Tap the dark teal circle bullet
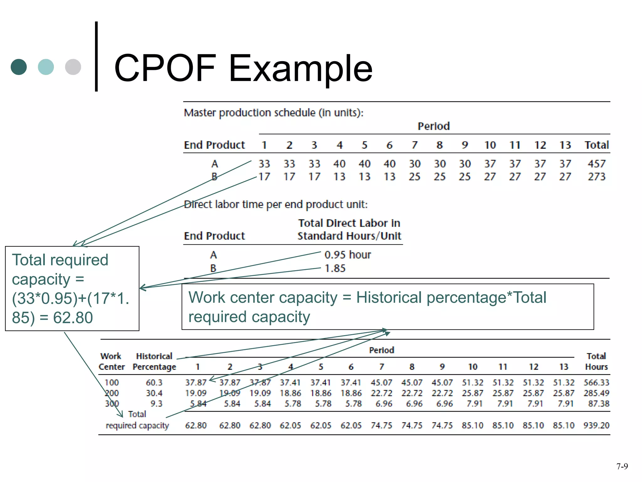(19, 67)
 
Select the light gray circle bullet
(73, 67)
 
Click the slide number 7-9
(622, 466)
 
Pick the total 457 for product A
(597, 164)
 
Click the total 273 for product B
(597, 177)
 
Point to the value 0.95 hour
(347, 255)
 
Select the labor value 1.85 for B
(335, 269)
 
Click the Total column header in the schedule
(597, 145)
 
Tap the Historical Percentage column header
(154, 361)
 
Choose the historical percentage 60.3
(154, 383)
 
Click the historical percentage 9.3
(156, 404)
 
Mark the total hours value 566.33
(596, 383)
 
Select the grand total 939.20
(596, 426)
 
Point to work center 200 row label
(112, 393)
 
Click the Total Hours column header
(596, 361)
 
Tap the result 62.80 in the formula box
(73, 318)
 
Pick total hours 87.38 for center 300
(598, 404)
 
